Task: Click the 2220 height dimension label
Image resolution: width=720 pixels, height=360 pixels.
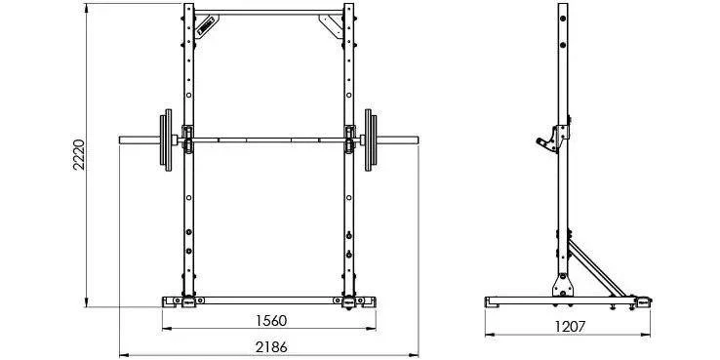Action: [x=79, y=154]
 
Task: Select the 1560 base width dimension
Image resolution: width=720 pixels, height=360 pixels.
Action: [x=270, y=320]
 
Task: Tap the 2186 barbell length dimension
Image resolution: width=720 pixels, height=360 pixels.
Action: [x=270, y=346]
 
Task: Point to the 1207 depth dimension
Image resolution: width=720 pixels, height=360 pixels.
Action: [x=570, y=327]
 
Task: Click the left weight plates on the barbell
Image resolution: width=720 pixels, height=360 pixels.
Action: [x=165, y=140]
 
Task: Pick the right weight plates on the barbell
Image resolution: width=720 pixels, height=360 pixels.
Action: [x=371, y=140]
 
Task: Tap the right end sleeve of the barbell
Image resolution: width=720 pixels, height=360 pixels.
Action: [x=398, y=140]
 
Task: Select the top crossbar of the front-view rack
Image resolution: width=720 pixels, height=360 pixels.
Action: [x=269, y=13]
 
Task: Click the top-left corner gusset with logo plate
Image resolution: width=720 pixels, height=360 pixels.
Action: [x=205, y=24]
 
